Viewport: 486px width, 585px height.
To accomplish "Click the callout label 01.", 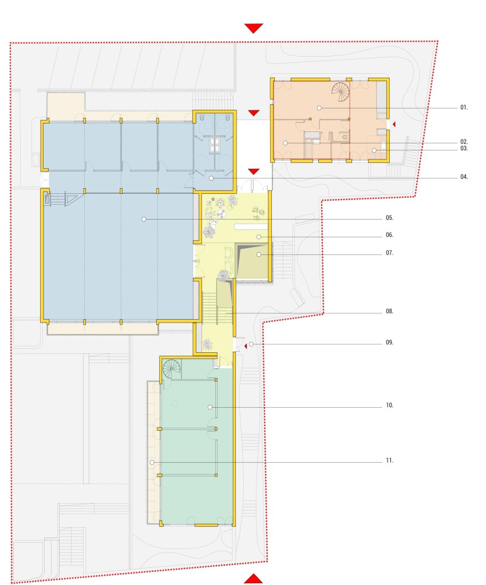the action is (464, 108).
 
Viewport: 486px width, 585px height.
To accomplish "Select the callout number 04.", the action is (464, 177).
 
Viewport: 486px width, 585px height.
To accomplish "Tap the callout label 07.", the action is (390, 253).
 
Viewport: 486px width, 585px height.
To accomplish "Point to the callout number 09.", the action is (390, 343).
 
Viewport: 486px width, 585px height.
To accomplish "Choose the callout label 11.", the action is (390, 461).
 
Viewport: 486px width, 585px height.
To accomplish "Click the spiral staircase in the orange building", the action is (341, 91).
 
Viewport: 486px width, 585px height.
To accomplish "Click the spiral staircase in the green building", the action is (172, 369).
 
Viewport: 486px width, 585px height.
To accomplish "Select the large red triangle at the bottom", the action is (254, 579).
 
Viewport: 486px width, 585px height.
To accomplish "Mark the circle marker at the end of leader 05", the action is (144, 220).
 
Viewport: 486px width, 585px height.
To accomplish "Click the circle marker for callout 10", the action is (210, 407).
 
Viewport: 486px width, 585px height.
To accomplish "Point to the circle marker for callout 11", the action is (152, 463).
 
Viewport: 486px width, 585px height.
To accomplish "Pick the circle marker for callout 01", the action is (319, 108).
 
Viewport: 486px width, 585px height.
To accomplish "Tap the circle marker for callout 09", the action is (251, 344).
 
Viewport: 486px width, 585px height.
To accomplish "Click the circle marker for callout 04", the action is (211, 178).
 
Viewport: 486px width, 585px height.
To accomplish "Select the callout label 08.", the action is (390, 312).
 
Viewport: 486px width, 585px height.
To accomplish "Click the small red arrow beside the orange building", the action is (394, 124).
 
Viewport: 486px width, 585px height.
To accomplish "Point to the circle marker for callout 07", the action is (259, 254).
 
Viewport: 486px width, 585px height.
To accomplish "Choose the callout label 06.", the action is (390, 235).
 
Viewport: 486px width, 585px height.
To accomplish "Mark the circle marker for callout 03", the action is (374, 150).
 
